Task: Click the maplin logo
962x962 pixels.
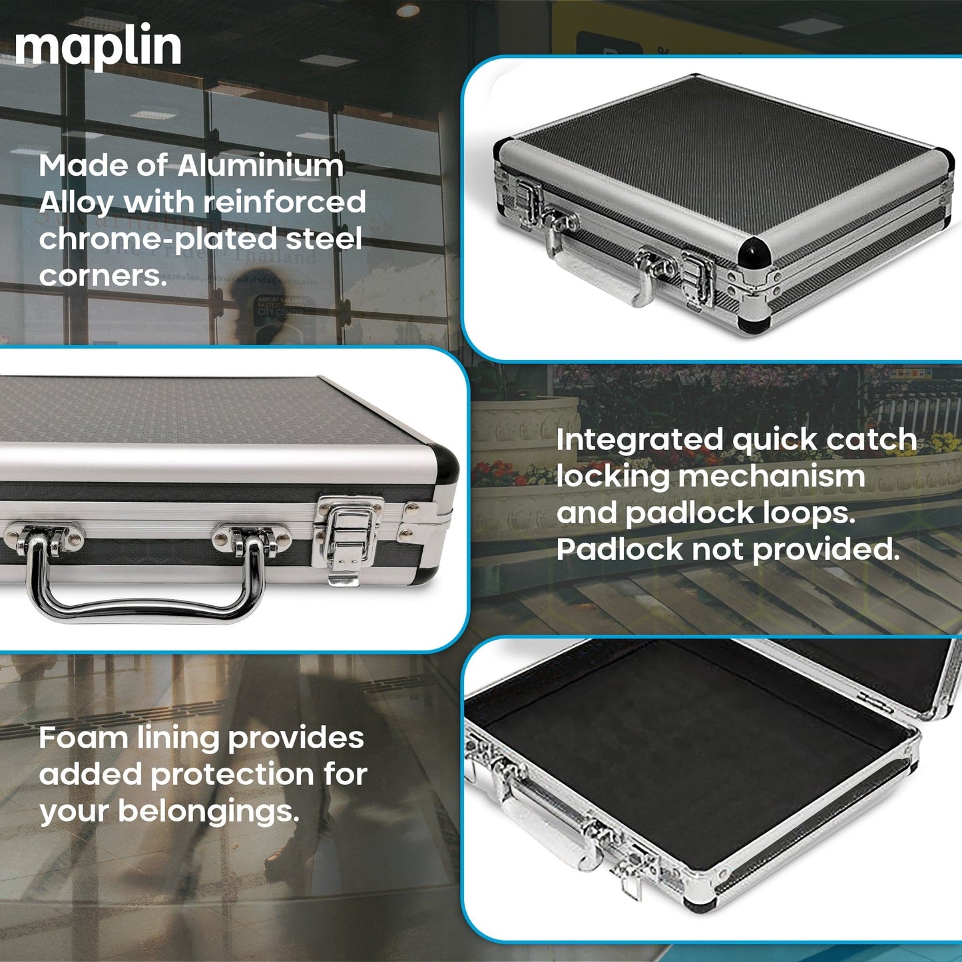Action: (98, 47)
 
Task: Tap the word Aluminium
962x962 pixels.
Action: (260, 166)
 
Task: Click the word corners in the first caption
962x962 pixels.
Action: (103, 276)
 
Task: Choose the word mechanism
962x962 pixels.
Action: (772, 477)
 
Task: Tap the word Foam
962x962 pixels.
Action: (83, 738)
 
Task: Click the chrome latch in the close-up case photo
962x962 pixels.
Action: (346, 540)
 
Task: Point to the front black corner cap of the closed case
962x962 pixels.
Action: (754, 252)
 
